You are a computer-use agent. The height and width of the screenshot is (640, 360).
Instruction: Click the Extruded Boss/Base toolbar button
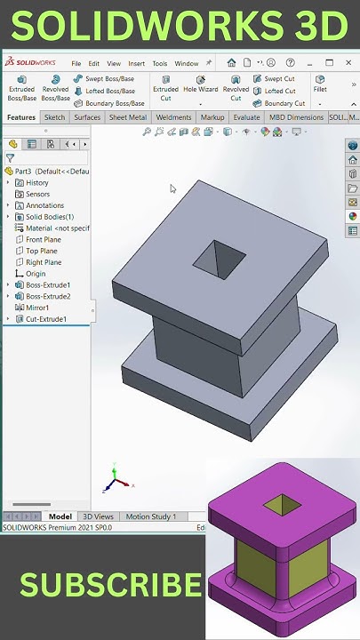tap(22, 88)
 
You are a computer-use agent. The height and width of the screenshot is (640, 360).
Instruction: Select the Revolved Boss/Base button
tap(55, 88)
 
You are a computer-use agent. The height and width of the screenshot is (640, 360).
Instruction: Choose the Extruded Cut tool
tap(165, 88)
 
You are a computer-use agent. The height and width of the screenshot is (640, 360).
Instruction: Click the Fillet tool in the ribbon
tap(320, 83)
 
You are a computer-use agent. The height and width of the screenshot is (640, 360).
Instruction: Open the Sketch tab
tap(54, 117)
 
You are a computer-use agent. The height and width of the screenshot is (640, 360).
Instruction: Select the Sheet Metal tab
tap(128, 117)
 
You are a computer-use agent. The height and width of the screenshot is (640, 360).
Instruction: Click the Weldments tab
tap(173, 117)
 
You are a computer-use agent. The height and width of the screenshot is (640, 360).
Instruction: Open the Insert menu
tap(136, 64)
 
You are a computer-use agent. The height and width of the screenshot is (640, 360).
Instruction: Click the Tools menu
tap(159, 64)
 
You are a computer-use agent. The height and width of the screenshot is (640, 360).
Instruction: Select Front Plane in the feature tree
tap(44, 240)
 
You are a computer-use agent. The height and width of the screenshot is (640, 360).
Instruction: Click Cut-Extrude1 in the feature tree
tap(45, 319)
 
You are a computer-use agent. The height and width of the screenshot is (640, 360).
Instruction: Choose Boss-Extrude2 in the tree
tap(48, 296)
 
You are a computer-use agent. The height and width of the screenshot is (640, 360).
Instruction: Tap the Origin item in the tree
tap(36, 274)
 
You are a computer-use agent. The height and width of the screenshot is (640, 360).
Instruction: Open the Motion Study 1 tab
tap(150, 516)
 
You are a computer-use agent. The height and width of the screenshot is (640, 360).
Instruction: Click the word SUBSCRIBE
tap(110, 585)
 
